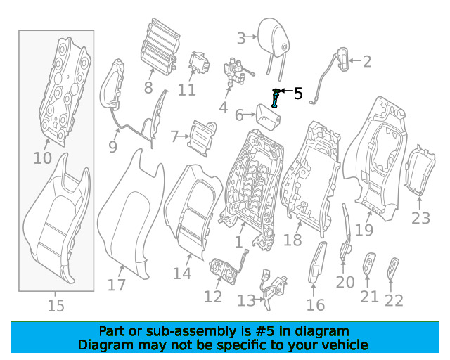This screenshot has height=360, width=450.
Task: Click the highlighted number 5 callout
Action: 298,93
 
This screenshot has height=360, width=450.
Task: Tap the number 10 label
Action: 42,158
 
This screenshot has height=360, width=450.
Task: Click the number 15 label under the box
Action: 56,306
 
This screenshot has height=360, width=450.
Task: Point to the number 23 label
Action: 420,218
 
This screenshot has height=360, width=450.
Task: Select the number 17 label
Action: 117,285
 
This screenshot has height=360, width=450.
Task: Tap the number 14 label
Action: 182,274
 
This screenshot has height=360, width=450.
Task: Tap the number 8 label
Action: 148,88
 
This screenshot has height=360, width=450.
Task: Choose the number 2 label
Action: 366,62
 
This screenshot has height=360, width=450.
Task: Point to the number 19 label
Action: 364,229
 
